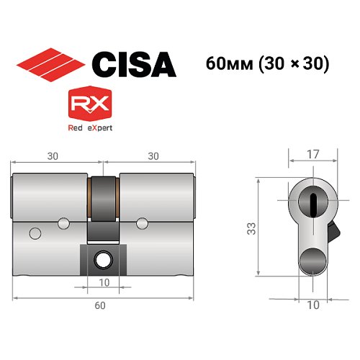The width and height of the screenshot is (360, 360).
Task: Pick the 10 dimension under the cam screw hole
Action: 104,283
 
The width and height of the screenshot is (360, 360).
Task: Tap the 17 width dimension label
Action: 312,153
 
